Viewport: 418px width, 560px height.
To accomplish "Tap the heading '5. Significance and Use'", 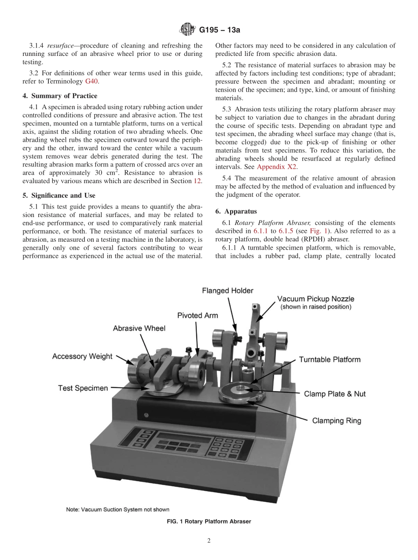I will coord(62,195).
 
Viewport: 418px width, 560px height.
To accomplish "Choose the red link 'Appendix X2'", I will coord(275,167).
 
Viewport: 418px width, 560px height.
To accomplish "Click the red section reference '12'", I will coord(198,181).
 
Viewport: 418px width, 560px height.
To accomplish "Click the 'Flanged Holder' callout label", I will coord(227,291).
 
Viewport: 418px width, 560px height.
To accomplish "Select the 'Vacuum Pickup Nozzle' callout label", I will coord(315,299).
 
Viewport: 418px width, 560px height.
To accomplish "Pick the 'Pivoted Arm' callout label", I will coord(198,316).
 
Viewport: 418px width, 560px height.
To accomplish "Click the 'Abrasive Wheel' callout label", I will coord(139,328).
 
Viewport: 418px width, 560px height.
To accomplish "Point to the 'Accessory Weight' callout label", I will coord(82,356).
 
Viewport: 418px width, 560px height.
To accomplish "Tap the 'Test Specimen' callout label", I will coord(83,388).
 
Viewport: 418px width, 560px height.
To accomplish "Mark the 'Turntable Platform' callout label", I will coord(330,360).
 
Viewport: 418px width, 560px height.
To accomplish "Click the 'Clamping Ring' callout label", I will coord(337,420).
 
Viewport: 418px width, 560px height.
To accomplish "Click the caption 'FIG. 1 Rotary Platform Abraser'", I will coord(209,521).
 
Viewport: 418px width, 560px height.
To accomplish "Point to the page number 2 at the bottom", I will coord(209,541).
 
